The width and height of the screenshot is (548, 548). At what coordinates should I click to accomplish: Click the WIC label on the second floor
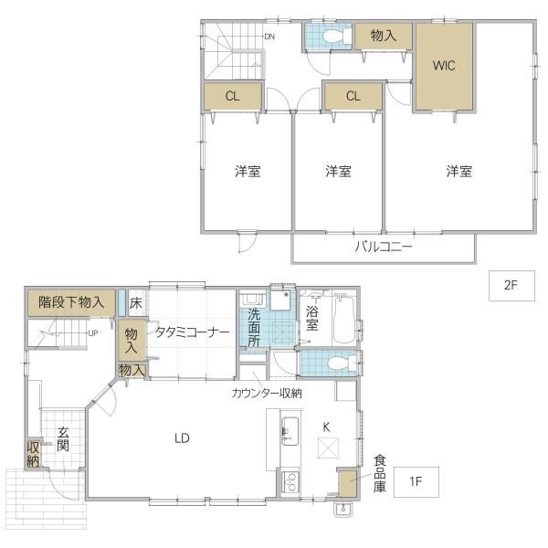444,66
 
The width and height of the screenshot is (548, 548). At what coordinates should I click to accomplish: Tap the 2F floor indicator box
511,286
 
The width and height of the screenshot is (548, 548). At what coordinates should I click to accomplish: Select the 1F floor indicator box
416,482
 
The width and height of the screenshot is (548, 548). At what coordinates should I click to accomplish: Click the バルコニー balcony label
384,248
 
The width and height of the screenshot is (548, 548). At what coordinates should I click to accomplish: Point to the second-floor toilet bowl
333,37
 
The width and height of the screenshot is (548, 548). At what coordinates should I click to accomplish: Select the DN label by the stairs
269,37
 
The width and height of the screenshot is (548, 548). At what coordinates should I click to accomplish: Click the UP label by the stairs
92,333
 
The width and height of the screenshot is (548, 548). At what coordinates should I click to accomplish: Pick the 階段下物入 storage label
71,302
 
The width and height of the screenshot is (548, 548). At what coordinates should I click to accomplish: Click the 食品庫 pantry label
380,473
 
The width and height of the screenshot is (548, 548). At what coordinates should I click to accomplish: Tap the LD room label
182,437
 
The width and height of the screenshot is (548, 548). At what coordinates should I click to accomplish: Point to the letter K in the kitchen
326,427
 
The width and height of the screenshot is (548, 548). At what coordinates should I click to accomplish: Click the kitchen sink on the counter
290,431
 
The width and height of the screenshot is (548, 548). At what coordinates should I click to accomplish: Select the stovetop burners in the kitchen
290,482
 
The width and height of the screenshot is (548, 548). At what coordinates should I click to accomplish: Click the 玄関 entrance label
63,439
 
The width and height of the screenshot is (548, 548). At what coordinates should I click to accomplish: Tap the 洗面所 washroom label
254,327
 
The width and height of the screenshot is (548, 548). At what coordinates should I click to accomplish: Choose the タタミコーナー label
192,332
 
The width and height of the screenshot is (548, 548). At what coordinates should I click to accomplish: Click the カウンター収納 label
267,394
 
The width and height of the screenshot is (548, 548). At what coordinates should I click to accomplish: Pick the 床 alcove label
135,303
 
